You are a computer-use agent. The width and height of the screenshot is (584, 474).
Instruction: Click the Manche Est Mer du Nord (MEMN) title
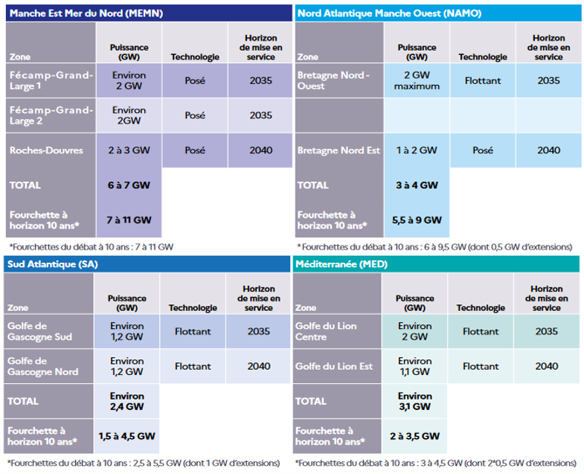[86, 13]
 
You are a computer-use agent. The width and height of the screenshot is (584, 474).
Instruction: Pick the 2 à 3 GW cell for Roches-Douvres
[129, 150]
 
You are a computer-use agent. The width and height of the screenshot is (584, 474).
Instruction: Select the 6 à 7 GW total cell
[129, 185]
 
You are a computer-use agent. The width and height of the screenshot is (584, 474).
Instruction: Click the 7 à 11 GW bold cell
[129, 220]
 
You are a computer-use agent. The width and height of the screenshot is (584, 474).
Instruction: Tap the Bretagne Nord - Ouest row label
[333, 80]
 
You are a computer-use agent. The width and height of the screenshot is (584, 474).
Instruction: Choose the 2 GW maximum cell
[417, 80]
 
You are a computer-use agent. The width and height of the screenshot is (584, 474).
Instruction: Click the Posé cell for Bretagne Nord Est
[482, 150]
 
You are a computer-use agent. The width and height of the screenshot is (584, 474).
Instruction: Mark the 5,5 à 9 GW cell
[417, 220]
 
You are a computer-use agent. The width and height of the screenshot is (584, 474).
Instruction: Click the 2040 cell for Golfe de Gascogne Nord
[257, 366]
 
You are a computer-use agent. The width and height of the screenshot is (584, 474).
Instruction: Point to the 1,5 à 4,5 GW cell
[126, 436]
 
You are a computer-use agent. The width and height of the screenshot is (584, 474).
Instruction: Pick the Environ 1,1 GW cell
[414, 366]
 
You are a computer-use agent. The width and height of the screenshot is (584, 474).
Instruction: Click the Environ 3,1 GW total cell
[414, 401]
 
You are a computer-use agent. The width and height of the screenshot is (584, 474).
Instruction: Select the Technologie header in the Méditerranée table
[481, 308]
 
